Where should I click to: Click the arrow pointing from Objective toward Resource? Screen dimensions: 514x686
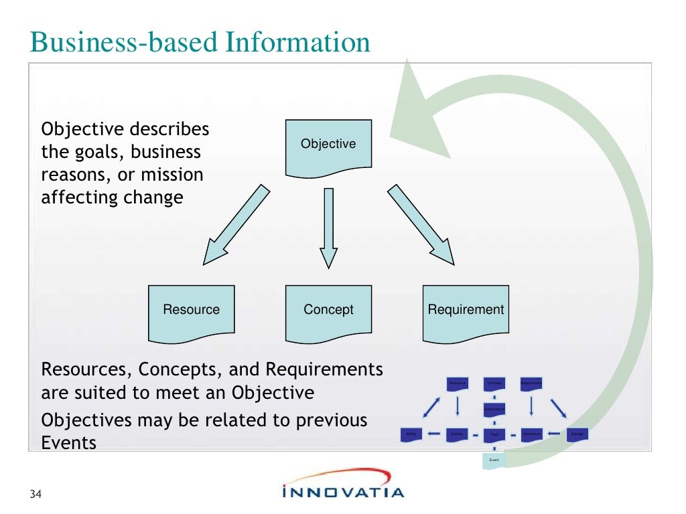(x=236, y=225)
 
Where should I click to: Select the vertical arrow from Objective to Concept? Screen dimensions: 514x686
(x=328, y=228)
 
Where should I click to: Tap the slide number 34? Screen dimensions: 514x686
(x=36, y=495)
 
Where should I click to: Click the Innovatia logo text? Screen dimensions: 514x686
(x=343, y=492)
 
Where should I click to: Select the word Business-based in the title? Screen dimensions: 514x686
(x=124, y=42)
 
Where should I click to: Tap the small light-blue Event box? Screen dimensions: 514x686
(x=494, y=460)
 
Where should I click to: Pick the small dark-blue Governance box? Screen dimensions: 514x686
(x=494, y=408)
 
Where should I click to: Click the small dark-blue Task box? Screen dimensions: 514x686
(x=494, y=434)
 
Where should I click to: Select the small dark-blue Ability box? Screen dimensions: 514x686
(x=411, y=434)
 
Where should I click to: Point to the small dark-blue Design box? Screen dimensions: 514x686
(x=577, y=434)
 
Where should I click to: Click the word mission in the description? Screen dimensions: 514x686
(x=170, y=175)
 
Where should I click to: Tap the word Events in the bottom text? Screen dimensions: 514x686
(x=69, y=443)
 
